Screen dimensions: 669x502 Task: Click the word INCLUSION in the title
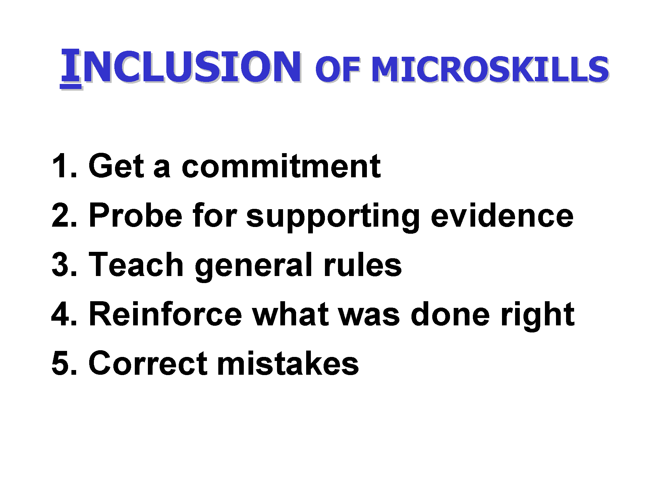[x=181, y=66]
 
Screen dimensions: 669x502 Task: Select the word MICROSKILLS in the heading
[x=490, y=69]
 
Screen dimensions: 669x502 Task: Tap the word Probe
[x=135, y=215]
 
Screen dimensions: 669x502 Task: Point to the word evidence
[x=502, y=215]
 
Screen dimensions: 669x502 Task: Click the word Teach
[x=136, y=265]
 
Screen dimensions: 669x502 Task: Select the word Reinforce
[x=165, y=314]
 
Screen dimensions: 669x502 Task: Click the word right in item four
[x=538, y=316]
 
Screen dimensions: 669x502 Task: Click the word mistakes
[x=288, y=363]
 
